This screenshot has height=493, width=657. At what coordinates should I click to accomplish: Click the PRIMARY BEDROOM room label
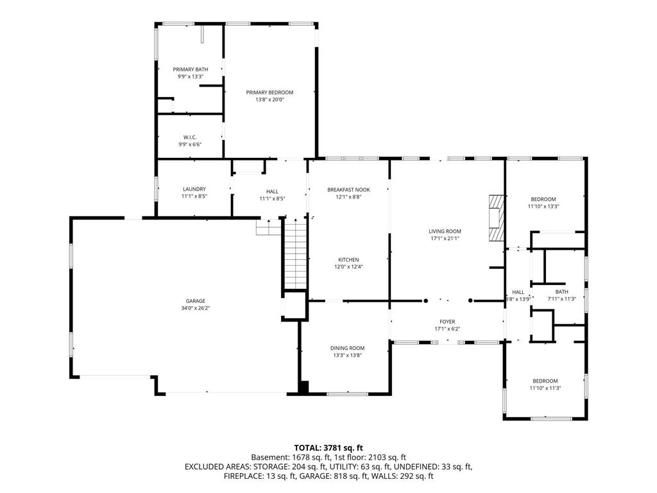269,92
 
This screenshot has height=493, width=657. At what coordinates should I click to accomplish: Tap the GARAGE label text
196,300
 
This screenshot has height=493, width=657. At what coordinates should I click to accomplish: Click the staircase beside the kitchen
296,254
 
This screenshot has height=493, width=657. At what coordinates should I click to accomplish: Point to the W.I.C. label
190,137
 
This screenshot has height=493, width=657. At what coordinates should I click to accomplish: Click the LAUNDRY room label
194,189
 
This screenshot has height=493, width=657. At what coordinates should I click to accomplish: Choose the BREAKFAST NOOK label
348,189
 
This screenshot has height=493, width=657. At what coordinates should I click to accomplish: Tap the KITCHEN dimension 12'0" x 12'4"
348,266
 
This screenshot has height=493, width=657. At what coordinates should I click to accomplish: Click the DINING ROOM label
347,348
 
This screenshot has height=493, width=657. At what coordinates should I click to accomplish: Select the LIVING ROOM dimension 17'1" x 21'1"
445,238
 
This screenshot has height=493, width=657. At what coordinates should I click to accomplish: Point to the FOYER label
447,322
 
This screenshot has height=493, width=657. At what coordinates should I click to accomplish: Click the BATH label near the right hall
562,292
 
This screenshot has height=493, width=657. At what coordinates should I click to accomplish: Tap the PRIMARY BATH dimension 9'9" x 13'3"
191,77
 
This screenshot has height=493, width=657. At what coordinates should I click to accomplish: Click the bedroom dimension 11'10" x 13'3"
543,206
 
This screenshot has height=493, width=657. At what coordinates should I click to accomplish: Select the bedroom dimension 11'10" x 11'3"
545,388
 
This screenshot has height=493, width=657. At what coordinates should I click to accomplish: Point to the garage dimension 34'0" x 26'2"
196,308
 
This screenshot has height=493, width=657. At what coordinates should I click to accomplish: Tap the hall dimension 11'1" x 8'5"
272,199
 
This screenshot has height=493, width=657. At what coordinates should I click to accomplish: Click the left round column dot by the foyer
426,300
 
